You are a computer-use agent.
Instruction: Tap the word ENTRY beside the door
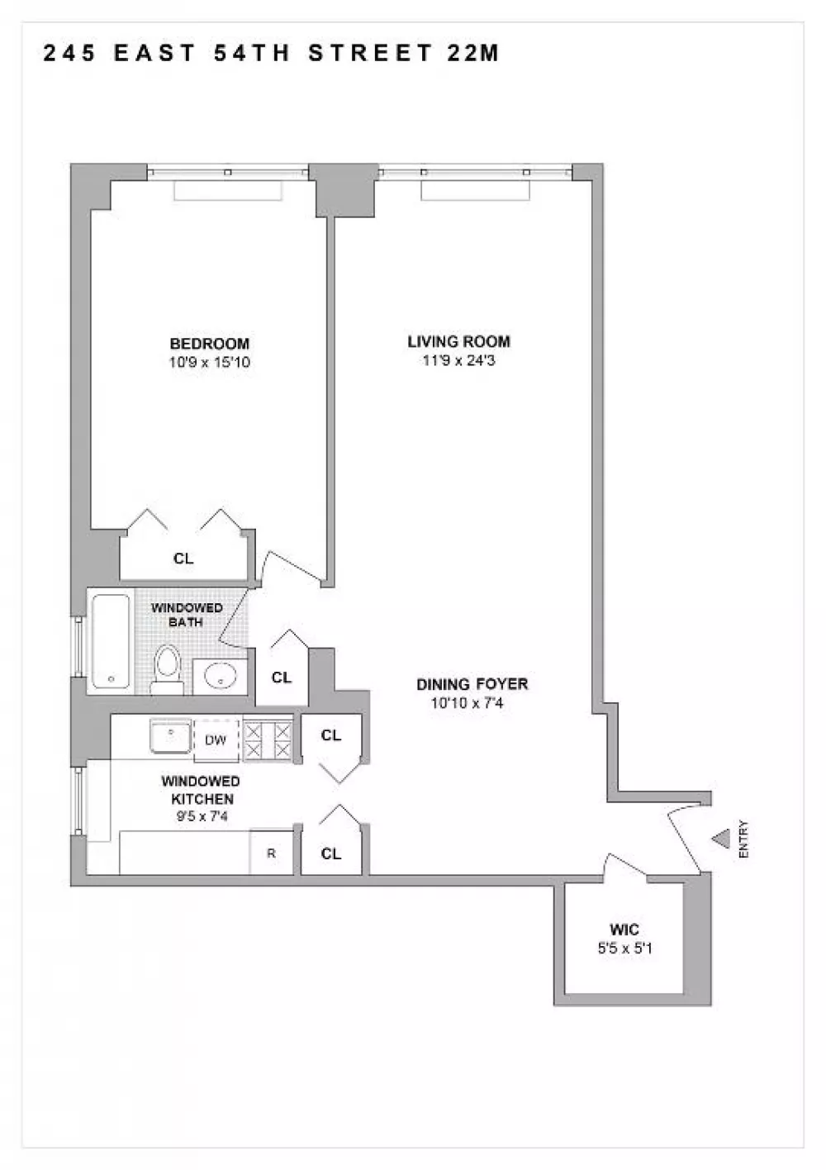744,839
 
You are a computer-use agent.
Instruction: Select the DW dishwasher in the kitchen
216,740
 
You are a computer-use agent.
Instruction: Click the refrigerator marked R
271,853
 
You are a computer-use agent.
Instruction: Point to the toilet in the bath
168,670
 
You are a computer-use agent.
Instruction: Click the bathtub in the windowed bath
112,641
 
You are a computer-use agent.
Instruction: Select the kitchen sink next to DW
171,736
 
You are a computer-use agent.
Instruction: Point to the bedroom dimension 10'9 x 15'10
209,362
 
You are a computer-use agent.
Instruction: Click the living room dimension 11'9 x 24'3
459,360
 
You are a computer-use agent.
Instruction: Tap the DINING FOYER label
472,683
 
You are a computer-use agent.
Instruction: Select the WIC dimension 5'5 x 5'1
625,948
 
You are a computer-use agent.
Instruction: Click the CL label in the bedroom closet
183,559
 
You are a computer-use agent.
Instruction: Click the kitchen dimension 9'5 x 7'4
202,816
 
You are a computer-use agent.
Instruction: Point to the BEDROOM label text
209,344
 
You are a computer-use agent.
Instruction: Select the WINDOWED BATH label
187,615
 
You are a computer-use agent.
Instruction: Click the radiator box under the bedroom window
228,191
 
